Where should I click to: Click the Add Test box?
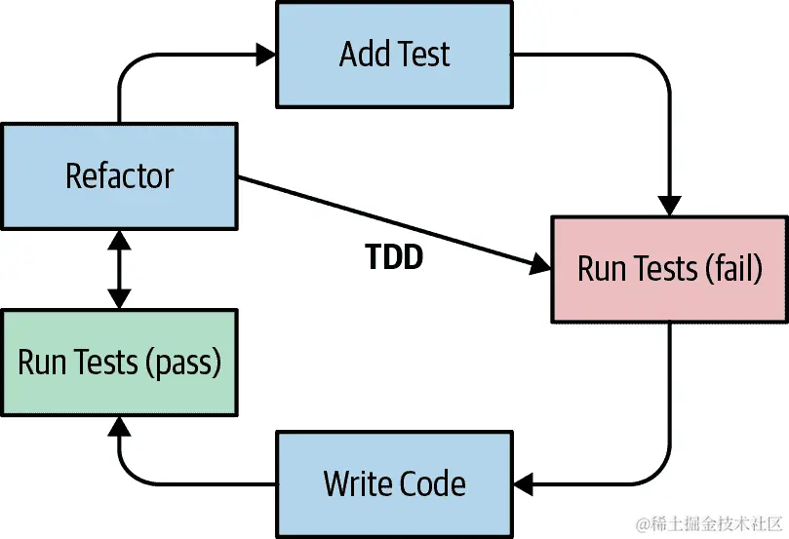tap(394, 54)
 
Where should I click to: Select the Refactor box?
tap(119, 176)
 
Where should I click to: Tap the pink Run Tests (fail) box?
tap(669, 269)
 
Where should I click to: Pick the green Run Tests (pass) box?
tap(119, 363)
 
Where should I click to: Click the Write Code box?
tap(394, 483)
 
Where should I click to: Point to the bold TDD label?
tap(393, 256)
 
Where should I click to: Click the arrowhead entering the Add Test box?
tap(265, 53)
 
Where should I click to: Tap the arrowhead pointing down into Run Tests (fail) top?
tap(669, 207)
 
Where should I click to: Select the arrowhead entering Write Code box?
tap(524, 482)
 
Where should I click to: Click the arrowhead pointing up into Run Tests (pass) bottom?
tap(119, 427)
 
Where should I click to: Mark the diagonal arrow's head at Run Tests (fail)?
tap(540, 264)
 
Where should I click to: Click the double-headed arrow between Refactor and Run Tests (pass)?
tap(119, 270)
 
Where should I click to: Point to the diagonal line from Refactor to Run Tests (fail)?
tap(390, 221)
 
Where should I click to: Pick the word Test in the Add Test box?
tap(421, 54)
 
